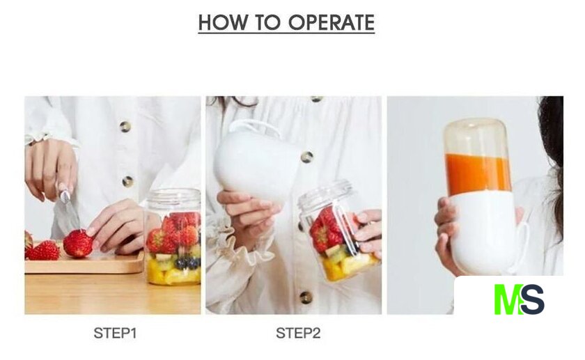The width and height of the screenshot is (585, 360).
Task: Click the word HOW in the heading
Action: pos(222,22)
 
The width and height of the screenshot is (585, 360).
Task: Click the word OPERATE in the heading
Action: pos(331,22)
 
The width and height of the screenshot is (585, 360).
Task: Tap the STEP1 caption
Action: pos(115,333)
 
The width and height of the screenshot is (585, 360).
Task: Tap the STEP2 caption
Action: pos(298,333)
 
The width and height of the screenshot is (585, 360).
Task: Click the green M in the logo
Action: pos(508,299)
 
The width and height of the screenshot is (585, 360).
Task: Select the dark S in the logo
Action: pos(533,299)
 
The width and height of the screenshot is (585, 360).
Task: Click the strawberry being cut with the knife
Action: pos(77,243)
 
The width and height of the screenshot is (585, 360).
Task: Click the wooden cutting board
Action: pos(84,263)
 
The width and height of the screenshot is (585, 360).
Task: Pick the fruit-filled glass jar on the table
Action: pos(173,237)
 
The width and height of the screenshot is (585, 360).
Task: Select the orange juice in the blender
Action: pos(478,173)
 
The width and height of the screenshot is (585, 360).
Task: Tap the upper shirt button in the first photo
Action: pos(125,127)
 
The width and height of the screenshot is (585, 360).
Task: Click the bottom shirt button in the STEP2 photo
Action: pos(306,297)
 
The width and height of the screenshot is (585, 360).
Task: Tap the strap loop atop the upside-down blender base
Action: pos(256,126)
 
